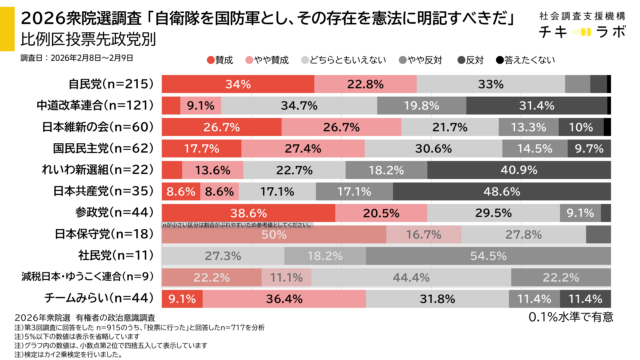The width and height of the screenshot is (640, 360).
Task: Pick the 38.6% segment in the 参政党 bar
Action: [x=245, y=212]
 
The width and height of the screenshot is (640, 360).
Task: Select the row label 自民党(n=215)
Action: [x=111, y=83]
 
